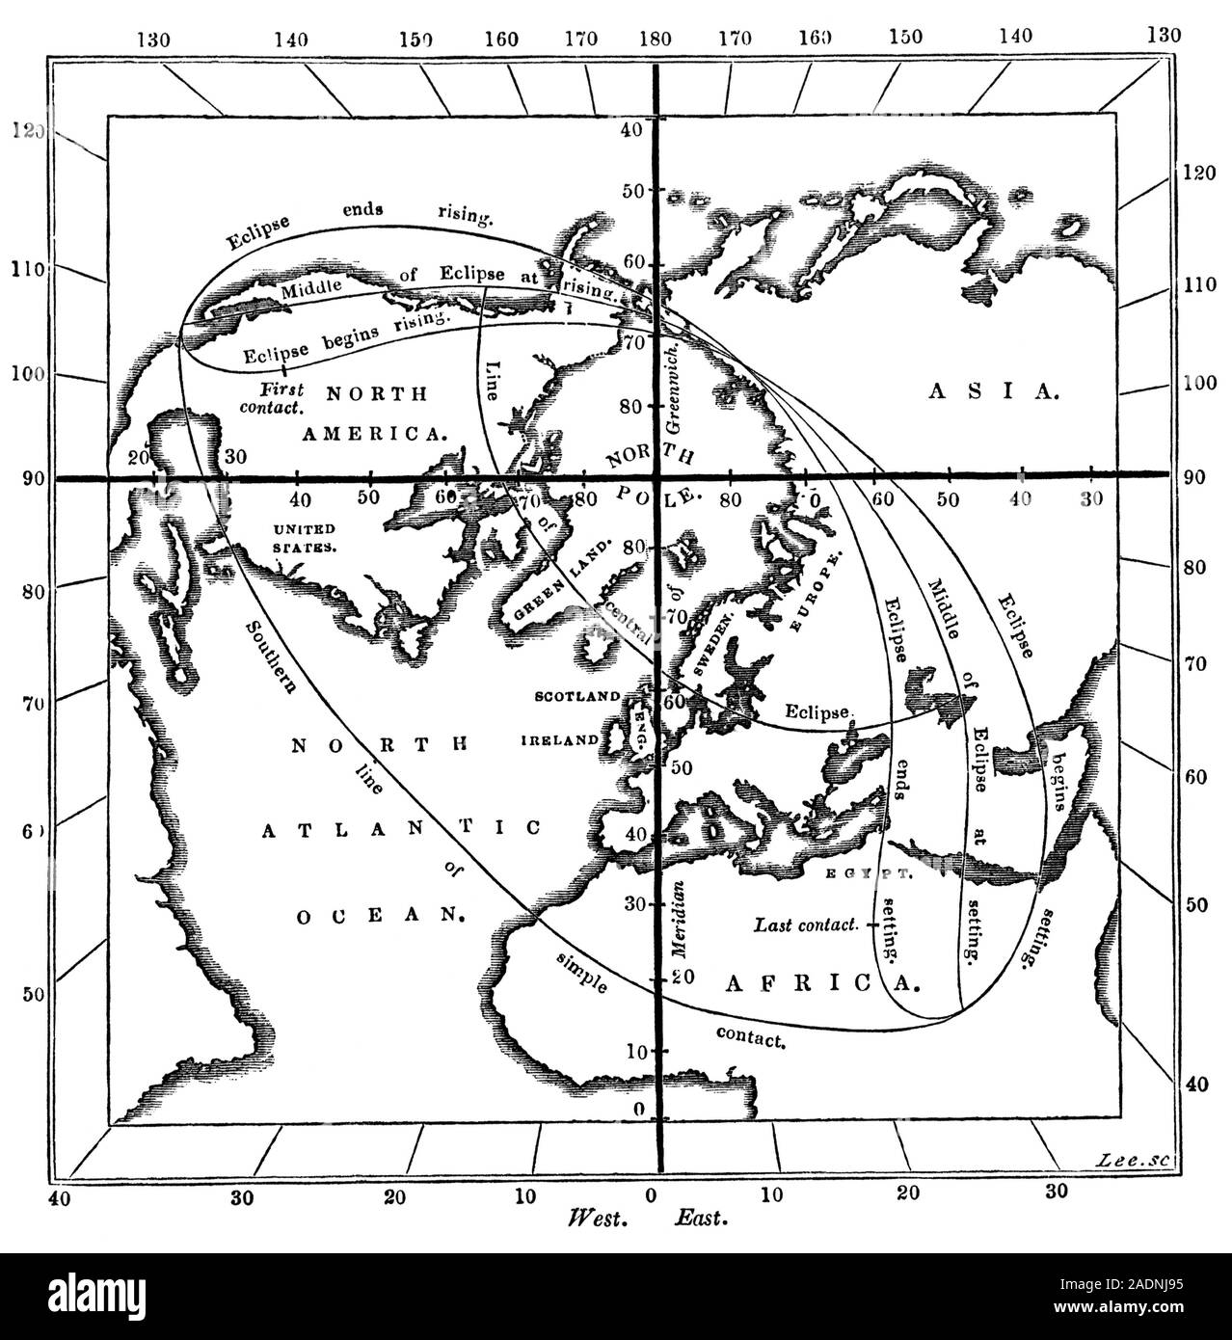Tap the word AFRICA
click(x=820, y=982)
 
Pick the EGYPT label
click(x=869, y=874)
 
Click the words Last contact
click(x=806, y=925)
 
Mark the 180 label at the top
click(x=655, y=40)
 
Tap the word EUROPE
click(x=816, y=594)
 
